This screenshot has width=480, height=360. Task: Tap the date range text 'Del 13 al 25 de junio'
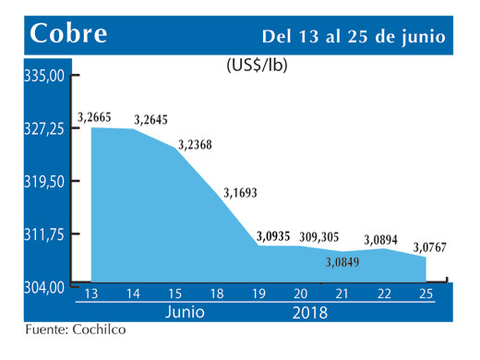tap(354, 36)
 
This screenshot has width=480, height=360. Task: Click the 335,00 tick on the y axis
tap(43, 76)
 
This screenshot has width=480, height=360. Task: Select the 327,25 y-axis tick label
tap(43, 128)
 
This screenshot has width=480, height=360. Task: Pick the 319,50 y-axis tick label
tap(43, 181)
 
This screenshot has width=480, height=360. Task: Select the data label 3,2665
tap(95, 116)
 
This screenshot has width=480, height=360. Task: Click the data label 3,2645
tap(151, 119)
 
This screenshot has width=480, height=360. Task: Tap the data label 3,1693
tap(241, 193)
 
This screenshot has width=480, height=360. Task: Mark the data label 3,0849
tap(342, 263)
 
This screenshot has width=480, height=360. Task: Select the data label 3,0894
tap(382, 239)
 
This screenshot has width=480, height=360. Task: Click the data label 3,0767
tap(431, 246)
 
